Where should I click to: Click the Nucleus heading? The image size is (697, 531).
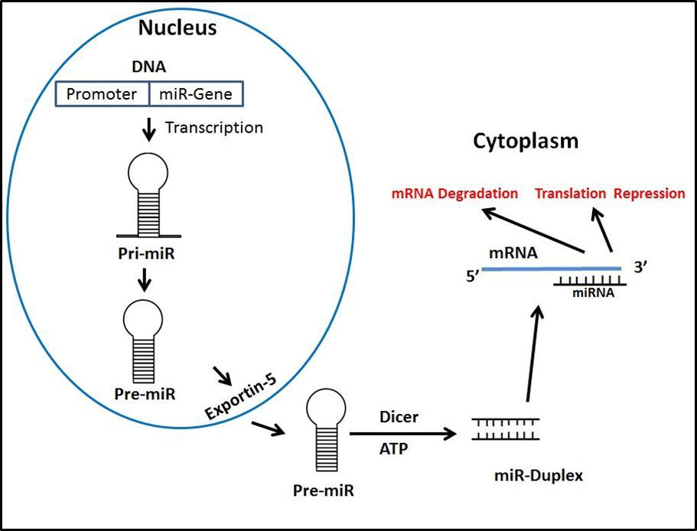[x=178, y=28]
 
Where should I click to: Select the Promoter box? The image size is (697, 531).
[x=103, y=94]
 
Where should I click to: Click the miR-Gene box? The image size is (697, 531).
[x=198, y=94]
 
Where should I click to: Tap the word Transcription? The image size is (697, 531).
[x=214, y=128]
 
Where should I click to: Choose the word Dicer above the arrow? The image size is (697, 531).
[x=396, y=419]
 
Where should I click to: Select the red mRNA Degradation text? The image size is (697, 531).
[x=454, y=194]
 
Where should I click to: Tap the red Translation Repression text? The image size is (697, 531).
[x=610, y=194]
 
